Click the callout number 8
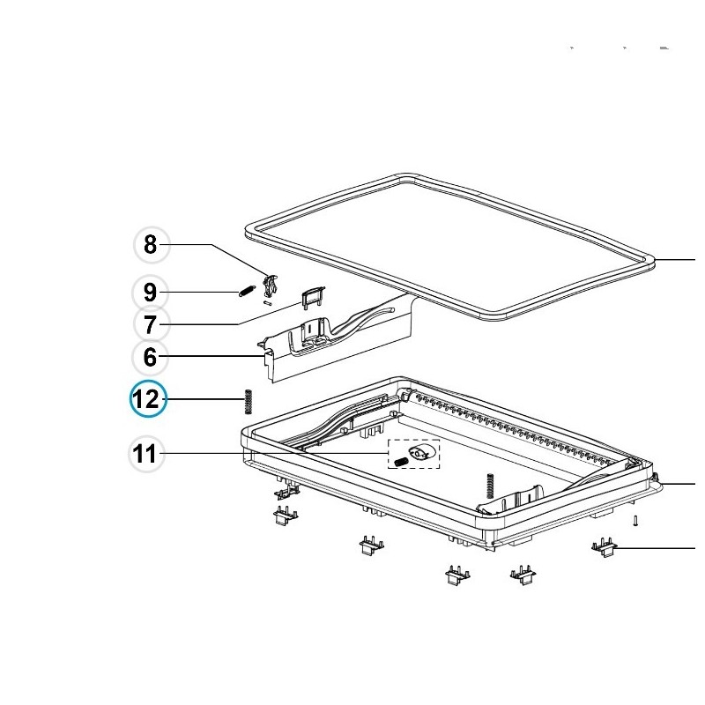click(x=151, y=245)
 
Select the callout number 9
click(x=150, y=293)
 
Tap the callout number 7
click(x=151, y=324)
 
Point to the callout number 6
click(x=150, y=357)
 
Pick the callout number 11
click(x=145, y=454)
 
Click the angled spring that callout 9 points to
click(x=247, y=292)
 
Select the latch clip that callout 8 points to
click(x=270, y=286)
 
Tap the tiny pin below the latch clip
click(x=268, y=303)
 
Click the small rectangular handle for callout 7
click(x=313, y=296)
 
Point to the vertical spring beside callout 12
click(x=248, y=402)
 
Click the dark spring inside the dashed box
click(x=401, y=462)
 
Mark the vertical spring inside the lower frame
click(x=490, y=486)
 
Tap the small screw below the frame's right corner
click(x=635, y=521)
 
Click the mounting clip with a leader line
click(x=604, y=548)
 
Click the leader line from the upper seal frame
click(x=674, y=260)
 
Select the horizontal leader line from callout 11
click(x=275, y=453)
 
